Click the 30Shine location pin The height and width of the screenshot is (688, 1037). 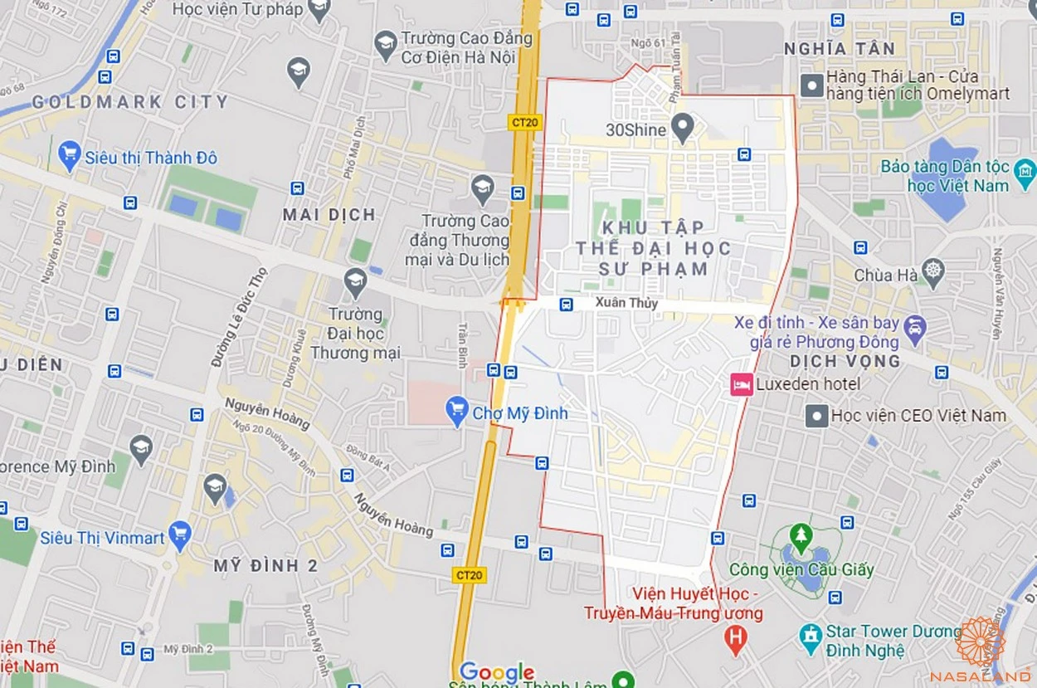tap(682, 129)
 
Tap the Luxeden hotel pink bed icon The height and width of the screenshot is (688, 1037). tap(741, 384)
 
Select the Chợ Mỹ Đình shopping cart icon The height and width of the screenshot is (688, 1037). tap(456, 412)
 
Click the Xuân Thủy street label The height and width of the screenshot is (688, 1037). tap(626, 303)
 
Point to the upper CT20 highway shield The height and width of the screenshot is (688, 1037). tap(520, 122)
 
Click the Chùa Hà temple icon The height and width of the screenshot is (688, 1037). tap(933, 274)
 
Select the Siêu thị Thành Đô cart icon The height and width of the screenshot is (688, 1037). tap(70, 155)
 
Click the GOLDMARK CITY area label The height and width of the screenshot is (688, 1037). tap(129, 102)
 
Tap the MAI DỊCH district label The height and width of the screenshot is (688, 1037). tap(329, 214)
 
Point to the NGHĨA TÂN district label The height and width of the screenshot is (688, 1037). tap(840, 50)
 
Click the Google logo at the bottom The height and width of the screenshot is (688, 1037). tap(496, 672)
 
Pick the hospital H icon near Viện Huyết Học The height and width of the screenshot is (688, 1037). tap(734, 640)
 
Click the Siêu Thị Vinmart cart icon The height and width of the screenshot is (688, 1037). tap(179, 535)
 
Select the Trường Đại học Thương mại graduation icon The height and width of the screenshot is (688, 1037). tap(355, 282)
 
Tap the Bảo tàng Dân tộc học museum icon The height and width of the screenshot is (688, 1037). tap(1025, 173)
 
